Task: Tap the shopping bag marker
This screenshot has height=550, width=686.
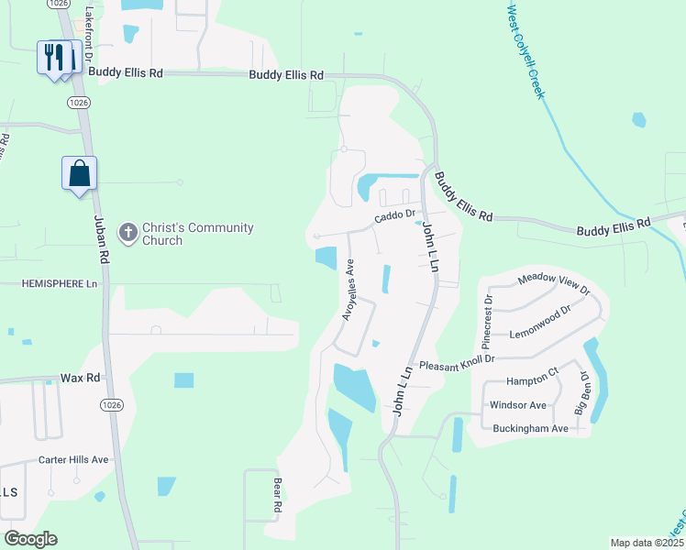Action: (x=80, y=173)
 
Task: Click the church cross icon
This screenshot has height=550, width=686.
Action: (x=127, y=233)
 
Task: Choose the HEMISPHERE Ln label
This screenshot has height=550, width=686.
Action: (x=60, y=285)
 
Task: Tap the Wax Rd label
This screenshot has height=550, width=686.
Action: (x=78, y=378)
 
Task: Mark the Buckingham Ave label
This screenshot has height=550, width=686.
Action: (x=528, y=428)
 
